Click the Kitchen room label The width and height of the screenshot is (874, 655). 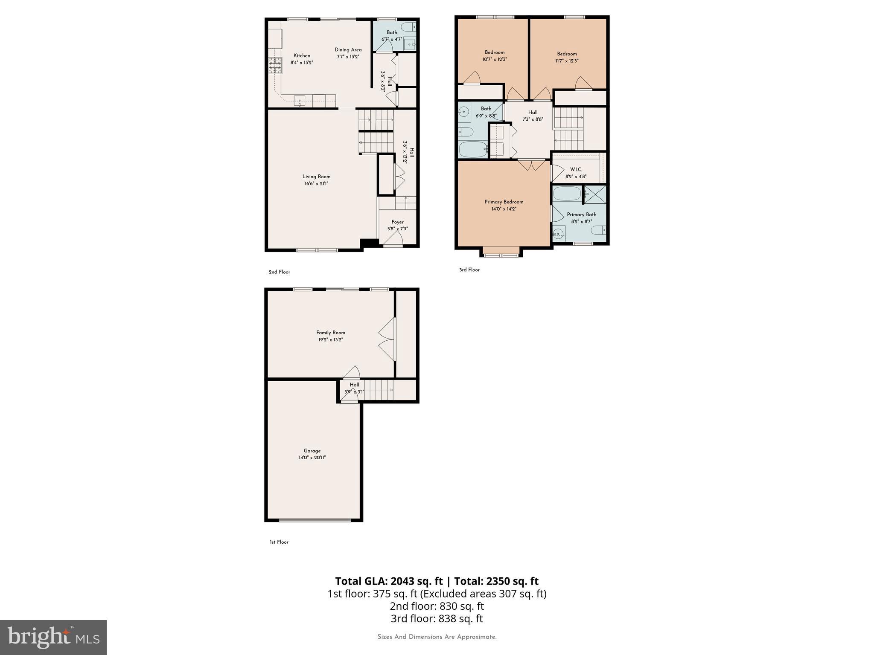[302, 56]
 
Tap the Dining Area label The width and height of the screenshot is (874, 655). [348, 50]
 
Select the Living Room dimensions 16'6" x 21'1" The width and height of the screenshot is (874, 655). [316, 184]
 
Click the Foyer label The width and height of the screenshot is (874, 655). [397, 222]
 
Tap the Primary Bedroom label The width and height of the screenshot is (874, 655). [504, 202]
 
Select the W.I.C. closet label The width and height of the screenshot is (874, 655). [576, 170]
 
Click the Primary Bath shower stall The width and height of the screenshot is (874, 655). [595, 194]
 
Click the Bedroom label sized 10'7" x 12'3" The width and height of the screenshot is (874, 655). [495, 52]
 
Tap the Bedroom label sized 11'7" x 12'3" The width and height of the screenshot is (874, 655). [567, 54]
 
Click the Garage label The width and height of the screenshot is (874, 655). [312, 451]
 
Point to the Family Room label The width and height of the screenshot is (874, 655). [330, 333]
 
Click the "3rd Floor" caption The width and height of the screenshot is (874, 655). [469, 270]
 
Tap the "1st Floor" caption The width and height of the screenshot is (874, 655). [279, 542]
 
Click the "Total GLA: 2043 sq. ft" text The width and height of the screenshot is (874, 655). [389, 581]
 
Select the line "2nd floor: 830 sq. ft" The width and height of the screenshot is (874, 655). [437, 606]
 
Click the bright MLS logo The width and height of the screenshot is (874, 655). [53, 637]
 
